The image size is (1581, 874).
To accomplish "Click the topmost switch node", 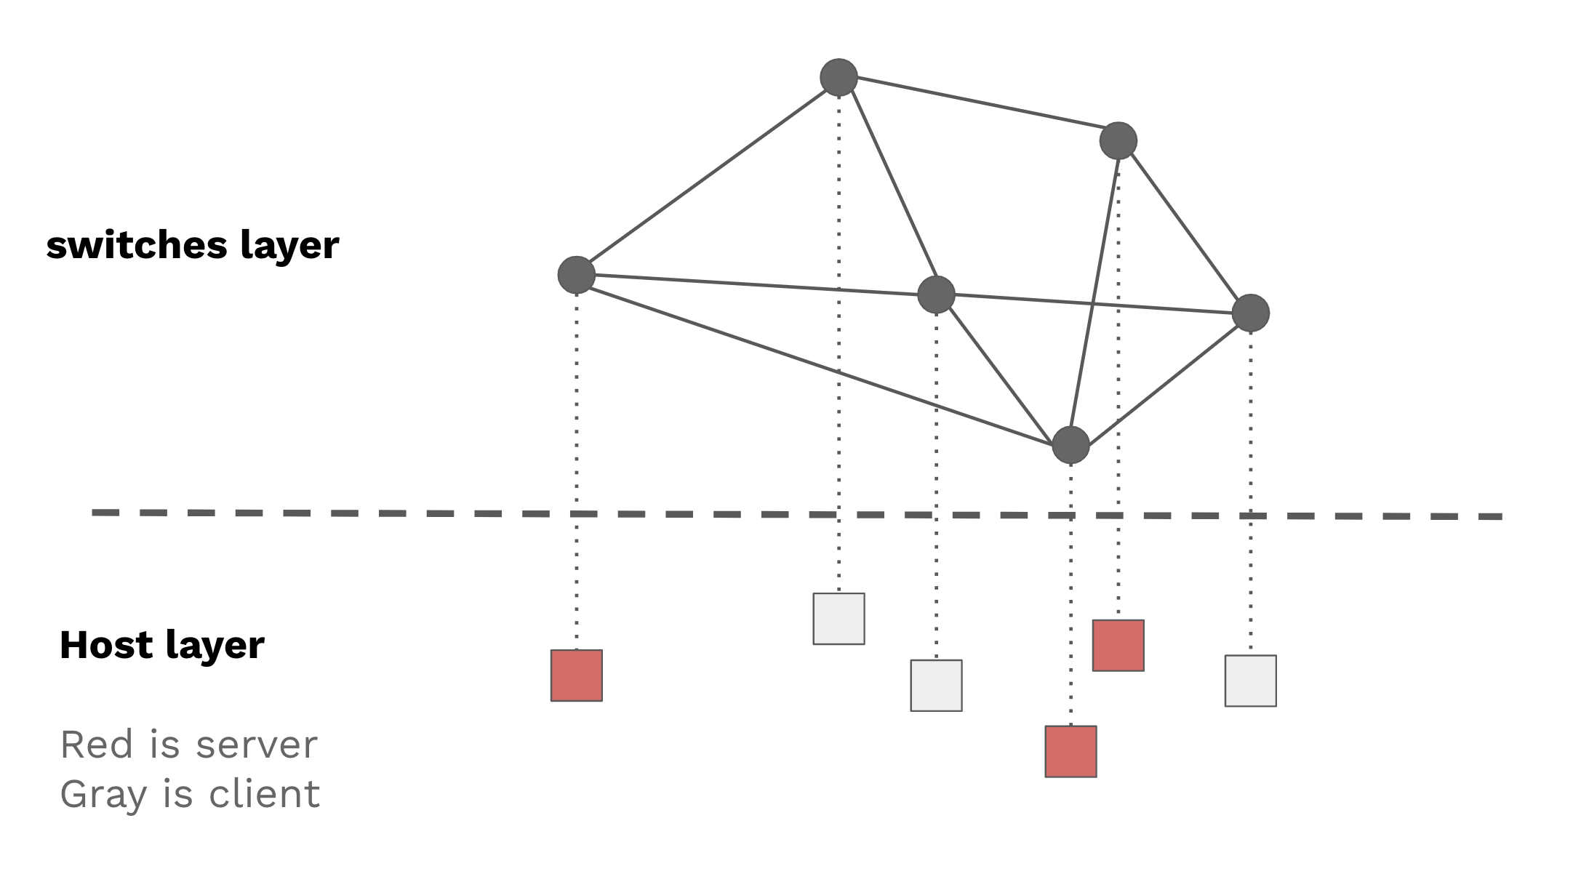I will [x=838, y=77].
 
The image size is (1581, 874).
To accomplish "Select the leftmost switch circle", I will [x=577, y=275].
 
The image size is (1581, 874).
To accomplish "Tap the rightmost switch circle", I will [x=1250, y=313].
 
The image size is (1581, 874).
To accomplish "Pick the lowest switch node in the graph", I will [x=1070, y=445].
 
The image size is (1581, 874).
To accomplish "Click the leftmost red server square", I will [x=577, y=675].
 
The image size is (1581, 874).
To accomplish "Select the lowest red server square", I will [x=1070, y=751].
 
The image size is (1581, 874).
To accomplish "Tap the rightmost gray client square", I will [x=1250, y=681].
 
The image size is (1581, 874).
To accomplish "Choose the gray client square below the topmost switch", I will [x=838, y=619].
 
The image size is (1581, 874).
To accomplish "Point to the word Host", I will [x=106, y=645].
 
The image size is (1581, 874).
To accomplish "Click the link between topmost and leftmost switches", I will [x=708, y=176].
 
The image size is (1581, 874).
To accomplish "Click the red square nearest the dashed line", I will [x=1118, y=646].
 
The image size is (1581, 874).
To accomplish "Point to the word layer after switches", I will [x=289, y=246].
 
